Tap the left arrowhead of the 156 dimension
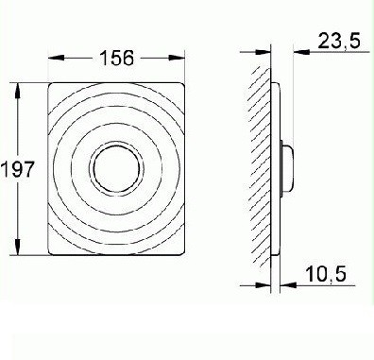click(x=48, y=58)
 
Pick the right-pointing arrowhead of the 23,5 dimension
click(x=262, y=50)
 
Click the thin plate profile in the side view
click(x=275, y=113)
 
